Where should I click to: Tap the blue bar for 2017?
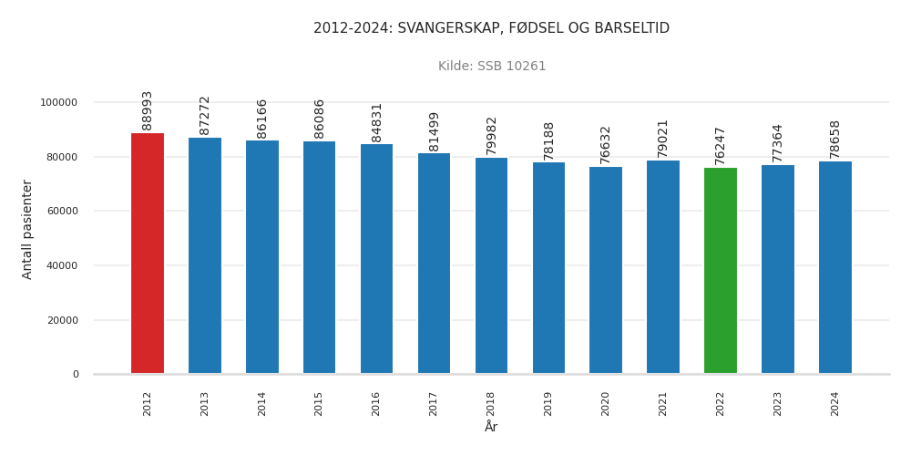point(434,264)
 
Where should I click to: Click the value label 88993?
point(148,110)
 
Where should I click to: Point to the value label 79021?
point(663,139)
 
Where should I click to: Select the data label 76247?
point(721,146)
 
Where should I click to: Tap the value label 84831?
point(377,122)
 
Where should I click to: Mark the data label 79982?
point(492,135)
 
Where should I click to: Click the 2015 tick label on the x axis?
point(320,404)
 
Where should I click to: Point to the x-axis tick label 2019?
point(548,404)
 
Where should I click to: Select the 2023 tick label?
point(778,404)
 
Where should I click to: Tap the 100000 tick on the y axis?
point(59,102)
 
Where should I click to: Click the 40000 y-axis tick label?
point(62,265)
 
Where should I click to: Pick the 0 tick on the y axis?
point(76,375)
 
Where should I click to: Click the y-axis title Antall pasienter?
point(27,229)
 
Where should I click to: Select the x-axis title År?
point(491,427)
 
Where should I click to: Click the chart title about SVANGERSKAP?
point(491,28)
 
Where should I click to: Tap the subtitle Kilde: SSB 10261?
point(492,67)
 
